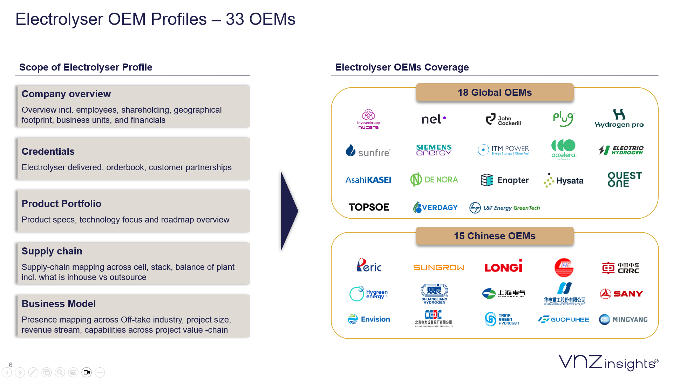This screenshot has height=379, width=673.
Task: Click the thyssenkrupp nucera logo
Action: point(368,119)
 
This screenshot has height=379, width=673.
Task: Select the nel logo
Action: point(434,119)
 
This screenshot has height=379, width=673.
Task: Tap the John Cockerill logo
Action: point(503,120)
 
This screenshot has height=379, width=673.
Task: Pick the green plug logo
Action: point(563,119)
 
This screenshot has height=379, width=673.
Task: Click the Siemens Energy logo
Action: point(434,150)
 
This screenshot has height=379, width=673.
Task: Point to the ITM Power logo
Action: point(503,150)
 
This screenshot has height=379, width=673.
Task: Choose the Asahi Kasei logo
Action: point(368,180)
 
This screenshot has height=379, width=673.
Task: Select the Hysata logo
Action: point(563,180)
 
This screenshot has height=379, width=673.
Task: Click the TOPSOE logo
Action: point(369,207)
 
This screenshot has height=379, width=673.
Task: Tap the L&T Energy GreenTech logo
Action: point(505,208)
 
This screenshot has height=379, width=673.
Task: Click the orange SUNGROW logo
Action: point(439,268)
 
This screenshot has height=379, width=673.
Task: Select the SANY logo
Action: point(621,294)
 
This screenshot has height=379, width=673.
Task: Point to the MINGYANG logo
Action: point(623,319)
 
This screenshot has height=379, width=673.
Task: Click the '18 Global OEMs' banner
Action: point(495,92)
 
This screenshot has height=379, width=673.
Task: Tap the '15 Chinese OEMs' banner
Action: point(495,236)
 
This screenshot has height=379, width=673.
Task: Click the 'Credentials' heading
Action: point(48,152)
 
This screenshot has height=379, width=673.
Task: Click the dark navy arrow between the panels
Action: point(288,211)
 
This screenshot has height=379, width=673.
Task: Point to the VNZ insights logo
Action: point(608,363)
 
